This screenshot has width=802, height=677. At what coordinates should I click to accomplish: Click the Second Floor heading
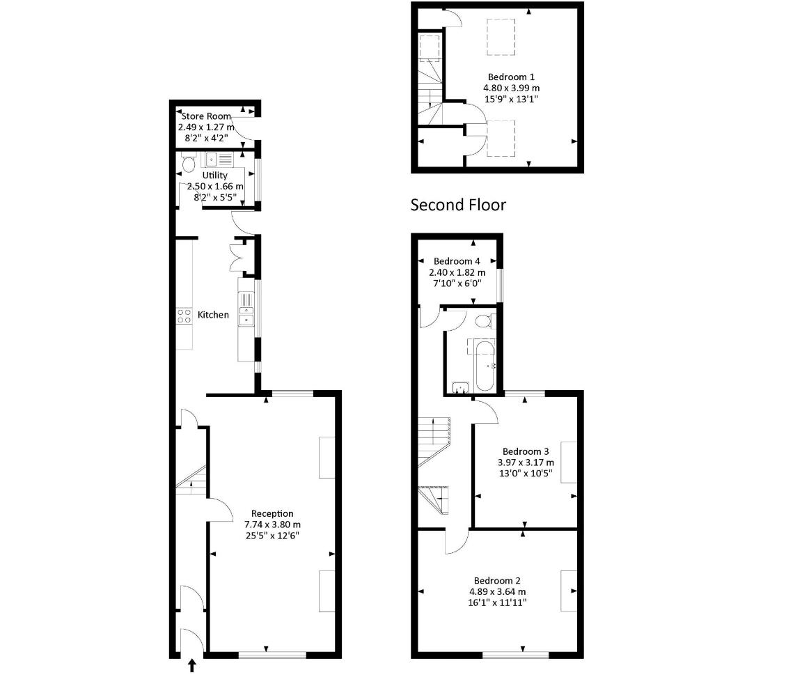point(458,205)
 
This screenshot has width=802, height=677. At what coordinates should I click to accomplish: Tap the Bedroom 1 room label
point(511,77)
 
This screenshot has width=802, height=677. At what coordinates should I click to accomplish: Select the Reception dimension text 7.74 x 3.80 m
point(272,524)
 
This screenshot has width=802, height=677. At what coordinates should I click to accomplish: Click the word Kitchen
point(213,315)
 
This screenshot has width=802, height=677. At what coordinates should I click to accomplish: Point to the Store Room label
point(206,116)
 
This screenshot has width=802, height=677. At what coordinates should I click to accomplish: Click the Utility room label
point(215,176)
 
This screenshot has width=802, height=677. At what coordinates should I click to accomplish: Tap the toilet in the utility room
point(188,163)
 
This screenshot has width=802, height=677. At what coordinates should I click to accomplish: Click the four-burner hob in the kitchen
point(184,316)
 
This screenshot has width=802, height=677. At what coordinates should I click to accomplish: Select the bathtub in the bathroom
point(485,366)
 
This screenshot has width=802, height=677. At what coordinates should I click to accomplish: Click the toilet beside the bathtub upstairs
point(483,321)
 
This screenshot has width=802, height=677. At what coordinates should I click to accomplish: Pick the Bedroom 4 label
point(457,261)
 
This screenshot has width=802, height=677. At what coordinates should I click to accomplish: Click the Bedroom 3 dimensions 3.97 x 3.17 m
point(526,462)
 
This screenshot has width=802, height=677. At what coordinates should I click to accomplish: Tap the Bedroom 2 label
point(497,580)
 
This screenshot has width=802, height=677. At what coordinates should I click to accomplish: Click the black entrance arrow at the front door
point(192,664)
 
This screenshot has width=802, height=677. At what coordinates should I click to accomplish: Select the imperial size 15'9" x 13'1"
point(512,99)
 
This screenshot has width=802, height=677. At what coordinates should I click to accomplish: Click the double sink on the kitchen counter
point(246,316)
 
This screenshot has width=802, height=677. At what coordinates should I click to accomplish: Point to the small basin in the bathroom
point(461,387)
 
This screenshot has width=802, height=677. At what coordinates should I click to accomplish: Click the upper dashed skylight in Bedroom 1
point(501,37)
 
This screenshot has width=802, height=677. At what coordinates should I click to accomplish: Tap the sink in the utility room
point(213,159)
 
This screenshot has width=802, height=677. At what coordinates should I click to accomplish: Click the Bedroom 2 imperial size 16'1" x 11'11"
point(497,602)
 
